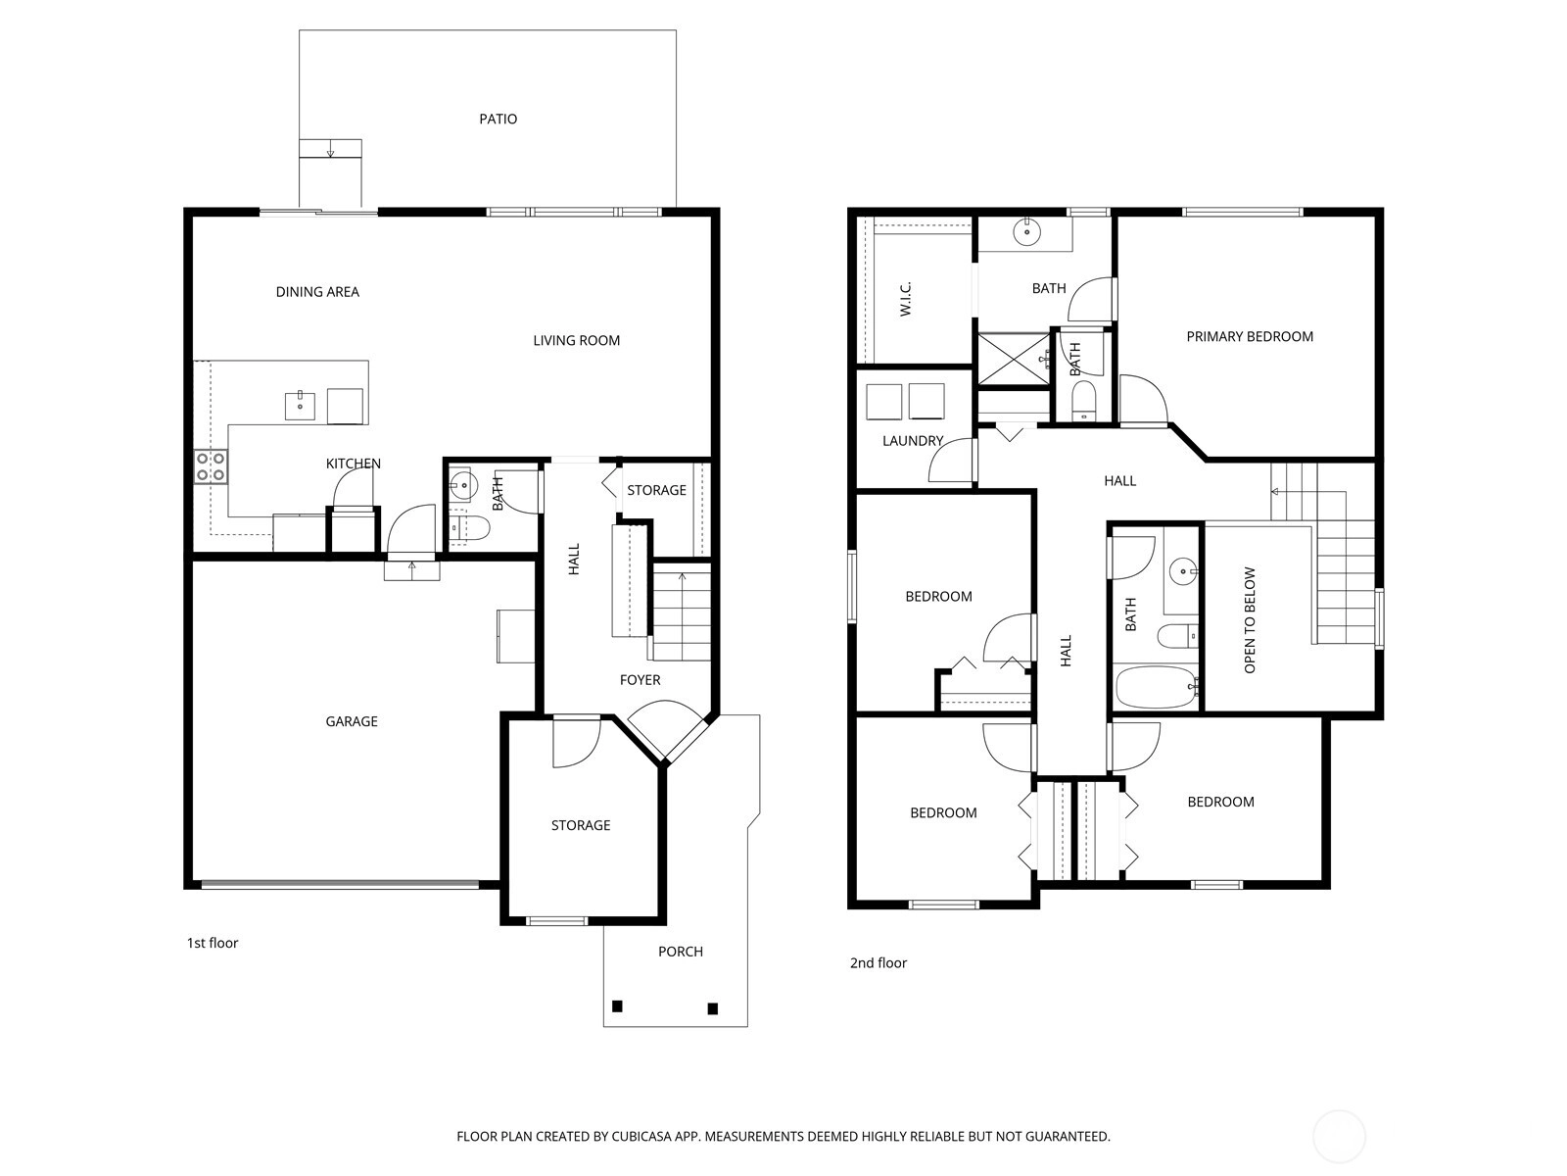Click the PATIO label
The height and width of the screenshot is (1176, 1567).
pyautogui.click(x=498, y=119)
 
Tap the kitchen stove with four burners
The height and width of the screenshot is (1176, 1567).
pyautogui.click(x=212, y=467)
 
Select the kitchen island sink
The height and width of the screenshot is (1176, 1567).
pyautogui.click(x=300, y=405)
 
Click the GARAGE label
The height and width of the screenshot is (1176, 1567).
pyautogui.click(x=352, y=721)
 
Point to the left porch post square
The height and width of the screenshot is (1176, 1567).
pyautogui.click(x=618, y=1006)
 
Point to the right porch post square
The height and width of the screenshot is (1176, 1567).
pyautogui.click(x=712, y=1008)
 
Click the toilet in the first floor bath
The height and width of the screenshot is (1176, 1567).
pyautogui.click(x=471, y=529)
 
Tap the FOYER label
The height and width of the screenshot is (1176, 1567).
pyautogui.click(x=640, y=680)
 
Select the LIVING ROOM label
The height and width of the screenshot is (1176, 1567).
pyautogui.click(x=576, y=341)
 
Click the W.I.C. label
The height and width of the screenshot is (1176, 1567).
pyautogui.click(x=905, y=299)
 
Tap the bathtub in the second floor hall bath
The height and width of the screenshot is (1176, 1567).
pyautogui.click(x=1157, y=687)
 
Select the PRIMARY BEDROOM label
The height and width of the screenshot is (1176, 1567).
pyautogui.click(x=1250, y=336)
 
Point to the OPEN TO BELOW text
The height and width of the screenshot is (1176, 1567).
pyautogui.click(x=1250, y=619)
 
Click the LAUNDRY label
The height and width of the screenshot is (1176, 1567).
pyautogui.click(x=913, y=441)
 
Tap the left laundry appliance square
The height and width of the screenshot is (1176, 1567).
pyautogui.click(x=883, y=401)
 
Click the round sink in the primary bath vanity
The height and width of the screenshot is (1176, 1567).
pyautogui.click(x=1026, y=232)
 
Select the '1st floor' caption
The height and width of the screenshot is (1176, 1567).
pyautogui.click(x=212, y=943)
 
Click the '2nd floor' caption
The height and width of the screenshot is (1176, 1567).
pyautogui.click(x=878, y=962)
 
